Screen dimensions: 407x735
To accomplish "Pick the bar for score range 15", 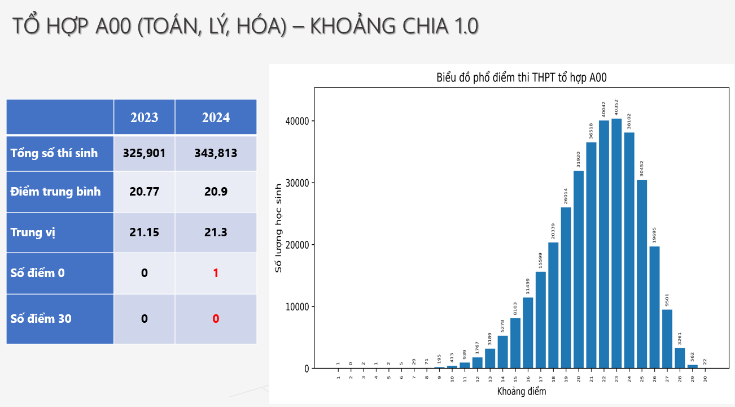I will coord(515,343).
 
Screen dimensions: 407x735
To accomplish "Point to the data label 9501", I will coord(667,298).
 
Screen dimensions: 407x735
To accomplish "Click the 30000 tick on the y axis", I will coord(297,183).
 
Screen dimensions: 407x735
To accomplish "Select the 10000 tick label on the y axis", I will coord(297,307).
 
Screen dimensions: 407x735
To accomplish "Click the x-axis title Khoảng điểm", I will coord(521,391).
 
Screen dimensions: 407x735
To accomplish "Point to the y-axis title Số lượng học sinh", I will coord(278,228).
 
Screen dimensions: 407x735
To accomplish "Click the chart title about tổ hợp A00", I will coord(521,78).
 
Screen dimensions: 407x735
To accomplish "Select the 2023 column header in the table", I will coord(145,118).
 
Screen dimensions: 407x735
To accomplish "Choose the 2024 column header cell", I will coord(216,118).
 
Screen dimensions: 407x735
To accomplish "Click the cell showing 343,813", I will coord(216,153).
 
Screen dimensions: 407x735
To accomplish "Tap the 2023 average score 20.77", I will coord(145,192).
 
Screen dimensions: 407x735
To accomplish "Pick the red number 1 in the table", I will coord(216,273).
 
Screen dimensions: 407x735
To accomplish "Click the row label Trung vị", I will coord(33,232).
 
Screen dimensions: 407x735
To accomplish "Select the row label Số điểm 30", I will coord(41,319).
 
